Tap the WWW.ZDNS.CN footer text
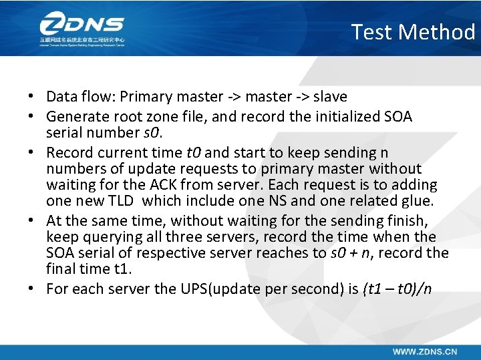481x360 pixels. pos(425,351)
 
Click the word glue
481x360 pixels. pos(418,201)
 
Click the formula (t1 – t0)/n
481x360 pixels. pos(397,289)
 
